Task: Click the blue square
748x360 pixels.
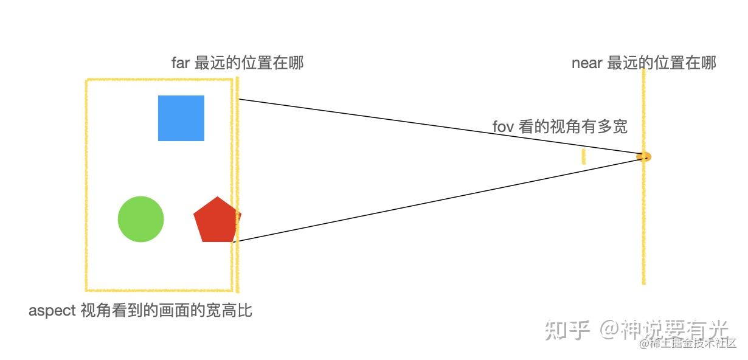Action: click(181, 118)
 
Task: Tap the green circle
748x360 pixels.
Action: click(140, 219)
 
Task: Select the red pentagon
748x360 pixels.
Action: click(216, 220)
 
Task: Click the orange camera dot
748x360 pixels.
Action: click(643, 157)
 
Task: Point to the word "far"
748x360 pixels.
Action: click(181, 63)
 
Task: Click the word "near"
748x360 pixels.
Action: click(586, 63)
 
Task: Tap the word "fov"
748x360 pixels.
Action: click(503, 127)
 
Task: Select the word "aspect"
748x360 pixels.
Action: click(52, 311)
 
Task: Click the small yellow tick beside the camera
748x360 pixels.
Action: click(583, 156)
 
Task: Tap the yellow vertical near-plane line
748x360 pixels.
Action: click(643, 231)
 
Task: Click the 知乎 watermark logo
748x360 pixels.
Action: click(567, 330)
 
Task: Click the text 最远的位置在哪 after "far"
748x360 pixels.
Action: click(249, 63)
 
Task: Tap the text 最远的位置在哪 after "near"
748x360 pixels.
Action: click(662, 63)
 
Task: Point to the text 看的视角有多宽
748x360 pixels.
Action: click(572, 127)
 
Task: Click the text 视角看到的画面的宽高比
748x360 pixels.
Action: click(166, 311)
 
